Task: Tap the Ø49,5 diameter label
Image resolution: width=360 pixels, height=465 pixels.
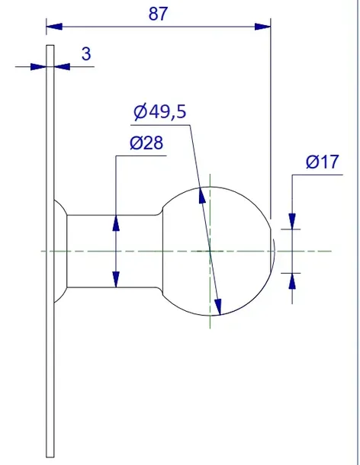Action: tap(159, 112)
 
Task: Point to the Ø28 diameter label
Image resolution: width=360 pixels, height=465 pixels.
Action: tap(146, 143)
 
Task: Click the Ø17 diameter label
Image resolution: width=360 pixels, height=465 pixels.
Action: tap(323, 162)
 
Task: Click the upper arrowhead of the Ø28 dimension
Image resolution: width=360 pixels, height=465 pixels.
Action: tap(116, 221)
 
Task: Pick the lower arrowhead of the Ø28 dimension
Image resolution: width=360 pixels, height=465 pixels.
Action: tap(116, 280)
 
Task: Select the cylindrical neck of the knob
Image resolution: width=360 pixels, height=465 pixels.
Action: tap(114, 250)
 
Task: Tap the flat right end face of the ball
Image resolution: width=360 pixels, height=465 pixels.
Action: tap(272, 250)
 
